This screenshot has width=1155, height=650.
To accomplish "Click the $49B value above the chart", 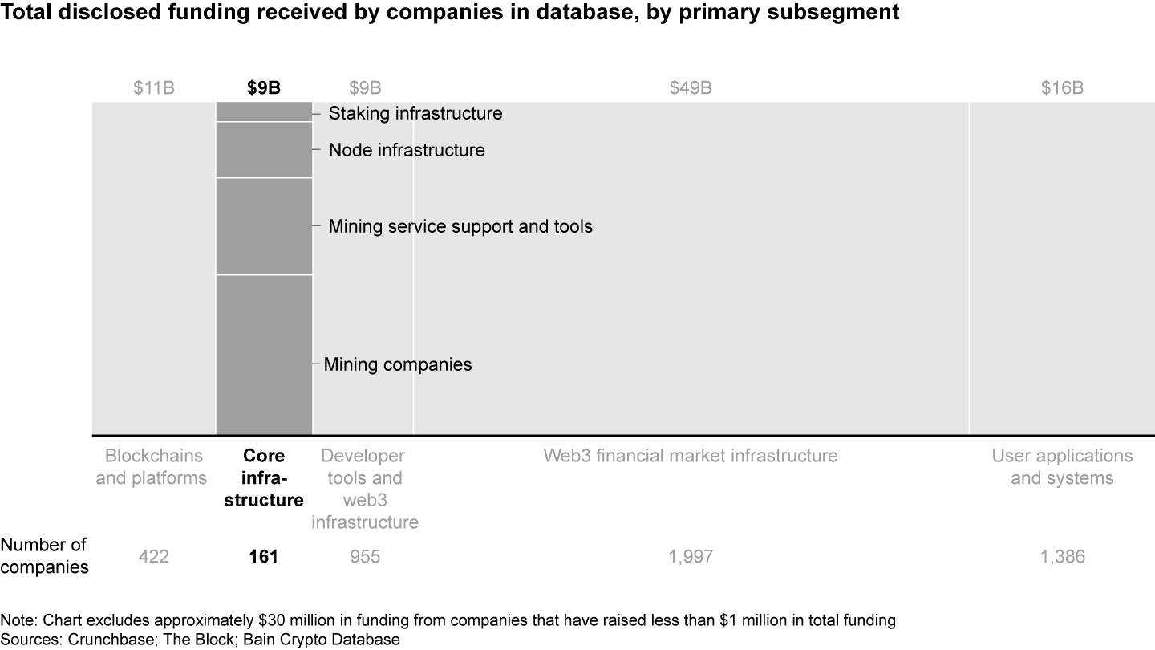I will click(690, 88).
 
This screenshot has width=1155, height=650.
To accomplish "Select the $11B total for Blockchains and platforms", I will click(154, 88).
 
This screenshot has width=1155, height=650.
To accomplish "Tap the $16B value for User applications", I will click(1062, 88).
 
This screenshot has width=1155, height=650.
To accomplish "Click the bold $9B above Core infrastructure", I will click(264, 88).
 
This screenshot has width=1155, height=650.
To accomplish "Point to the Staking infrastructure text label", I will click(415, 113).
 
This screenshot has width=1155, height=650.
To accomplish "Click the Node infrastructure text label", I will click(407, 150).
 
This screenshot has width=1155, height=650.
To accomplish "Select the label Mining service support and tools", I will click(460, 226).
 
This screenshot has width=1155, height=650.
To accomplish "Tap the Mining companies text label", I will click(398, 364).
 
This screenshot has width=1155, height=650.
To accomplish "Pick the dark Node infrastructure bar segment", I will click(264, 150).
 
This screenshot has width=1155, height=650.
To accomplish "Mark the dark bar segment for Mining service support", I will click(264, 226).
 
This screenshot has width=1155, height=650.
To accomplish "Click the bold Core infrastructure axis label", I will click(264, 478).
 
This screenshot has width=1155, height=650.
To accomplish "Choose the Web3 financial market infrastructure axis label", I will click(690, 456).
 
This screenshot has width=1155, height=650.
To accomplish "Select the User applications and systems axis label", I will click(1062, 467).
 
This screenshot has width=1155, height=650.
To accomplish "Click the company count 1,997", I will click(690, 556).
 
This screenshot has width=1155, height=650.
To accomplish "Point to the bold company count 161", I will click(264, 556).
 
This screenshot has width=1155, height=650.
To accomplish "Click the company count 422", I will click(154, 556).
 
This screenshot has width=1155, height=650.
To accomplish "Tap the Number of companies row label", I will click(44, 555).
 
